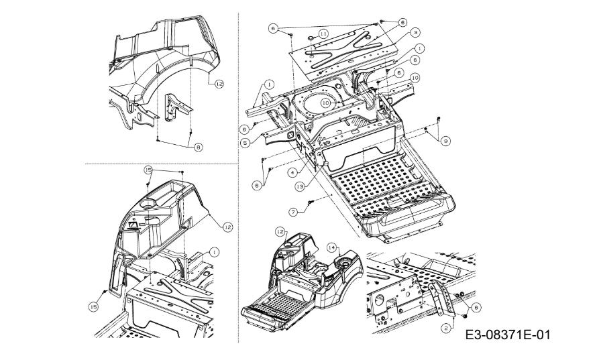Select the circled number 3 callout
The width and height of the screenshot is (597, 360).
pos(417,32)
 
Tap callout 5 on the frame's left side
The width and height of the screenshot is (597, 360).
pos(246,142)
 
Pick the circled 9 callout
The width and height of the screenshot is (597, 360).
pos(445,141)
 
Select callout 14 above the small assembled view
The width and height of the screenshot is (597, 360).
pos(331,247)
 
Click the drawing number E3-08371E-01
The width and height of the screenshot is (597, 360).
pos(508,334)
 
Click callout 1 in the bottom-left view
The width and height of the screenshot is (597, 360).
pos(214,251)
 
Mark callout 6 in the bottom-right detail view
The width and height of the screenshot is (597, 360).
pos(476,306)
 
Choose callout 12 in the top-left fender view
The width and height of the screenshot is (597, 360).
pos(219,83)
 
